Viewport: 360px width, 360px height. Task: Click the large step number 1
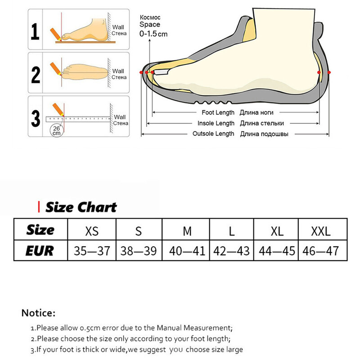click(35, 31)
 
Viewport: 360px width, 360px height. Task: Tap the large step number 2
click(36, 75)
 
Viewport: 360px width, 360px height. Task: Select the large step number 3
click(36, 118)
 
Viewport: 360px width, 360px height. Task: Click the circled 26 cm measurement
click(57, 131)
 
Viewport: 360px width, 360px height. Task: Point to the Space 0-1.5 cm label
click(153, 29)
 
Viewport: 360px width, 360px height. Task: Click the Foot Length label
click(218, 112)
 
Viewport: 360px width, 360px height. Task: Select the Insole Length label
click(216, 123)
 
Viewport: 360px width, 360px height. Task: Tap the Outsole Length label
click(213, 134)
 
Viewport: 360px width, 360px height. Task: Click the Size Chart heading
click(81, 207)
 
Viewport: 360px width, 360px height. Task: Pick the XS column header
click(92, 231)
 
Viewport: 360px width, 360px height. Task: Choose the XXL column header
click(321, 231)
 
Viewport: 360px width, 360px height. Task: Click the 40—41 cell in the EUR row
click(187, 251)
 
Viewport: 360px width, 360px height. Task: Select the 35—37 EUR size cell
click(92, 251)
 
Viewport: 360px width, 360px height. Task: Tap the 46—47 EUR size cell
click(320, 251)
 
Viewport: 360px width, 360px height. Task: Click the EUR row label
click(40, 251)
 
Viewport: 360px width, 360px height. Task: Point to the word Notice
click(38, 313)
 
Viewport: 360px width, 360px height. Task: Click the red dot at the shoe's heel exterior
click(329, 72)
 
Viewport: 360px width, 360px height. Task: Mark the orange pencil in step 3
click(58, 110)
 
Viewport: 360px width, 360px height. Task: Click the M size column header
click(187, 231)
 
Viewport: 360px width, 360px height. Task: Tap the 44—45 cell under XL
click(277, 251)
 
